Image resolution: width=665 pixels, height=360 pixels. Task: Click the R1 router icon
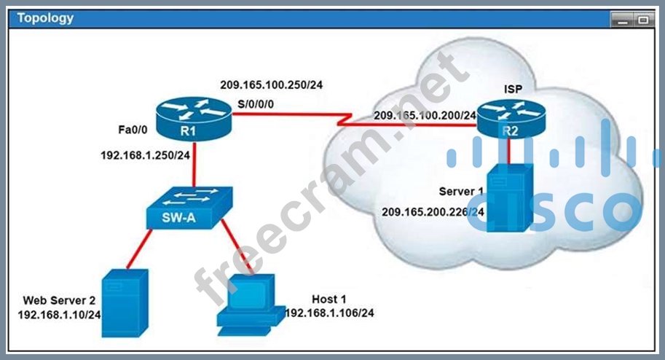click(x=194, y=120)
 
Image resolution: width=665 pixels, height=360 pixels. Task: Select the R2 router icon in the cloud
click(x=511, y=120)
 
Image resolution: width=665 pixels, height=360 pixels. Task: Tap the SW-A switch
click(x=189, y=208)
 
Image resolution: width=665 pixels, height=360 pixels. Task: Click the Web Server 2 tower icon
click(x=125, y=303)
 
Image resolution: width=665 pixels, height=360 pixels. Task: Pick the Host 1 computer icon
click(x=251, y=305)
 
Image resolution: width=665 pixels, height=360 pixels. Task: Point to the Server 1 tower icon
click(x=510, y=197)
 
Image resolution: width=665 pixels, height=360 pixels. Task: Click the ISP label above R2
click(x=513, y=89)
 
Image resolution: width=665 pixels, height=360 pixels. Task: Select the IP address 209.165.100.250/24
click(x=272, y=85)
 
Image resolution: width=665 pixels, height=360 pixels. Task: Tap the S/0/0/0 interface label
click(x=256, y=104)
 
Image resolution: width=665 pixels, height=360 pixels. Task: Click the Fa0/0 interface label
click(x=133, y=130)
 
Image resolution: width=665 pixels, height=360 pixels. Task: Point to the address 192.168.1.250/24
click(x=145, y=155)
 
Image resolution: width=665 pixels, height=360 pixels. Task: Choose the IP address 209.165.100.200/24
click(x=425, y=115)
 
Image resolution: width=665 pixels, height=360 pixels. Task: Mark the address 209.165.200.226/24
click(x=433, y=211)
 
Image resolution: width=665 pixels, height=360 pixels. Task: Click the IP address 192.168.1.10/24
click(x=60, y=315)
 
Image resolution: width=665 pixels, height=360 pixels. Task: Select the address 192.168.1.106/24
click(x=329, y=313)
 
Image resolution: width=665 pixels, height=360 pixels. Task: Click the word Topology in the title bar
click(x=45, y=18)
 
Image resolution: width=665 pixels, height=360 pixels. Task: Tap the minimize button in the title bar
click(x=622, y=20)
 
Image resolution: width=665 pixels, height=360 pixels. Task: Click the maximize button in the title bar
click(x=643, y=20)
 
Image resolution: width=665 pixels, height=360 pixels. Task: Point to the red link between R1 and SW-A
click(x=194, y=164)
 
